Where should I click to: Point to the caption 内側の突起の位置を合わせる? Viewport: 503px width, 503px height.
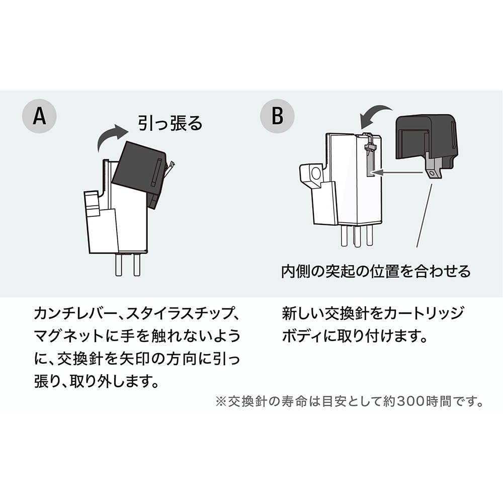tap(376, 271)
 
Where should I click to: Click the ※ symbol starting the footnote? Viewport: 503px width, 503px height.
tap(221, 402)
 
